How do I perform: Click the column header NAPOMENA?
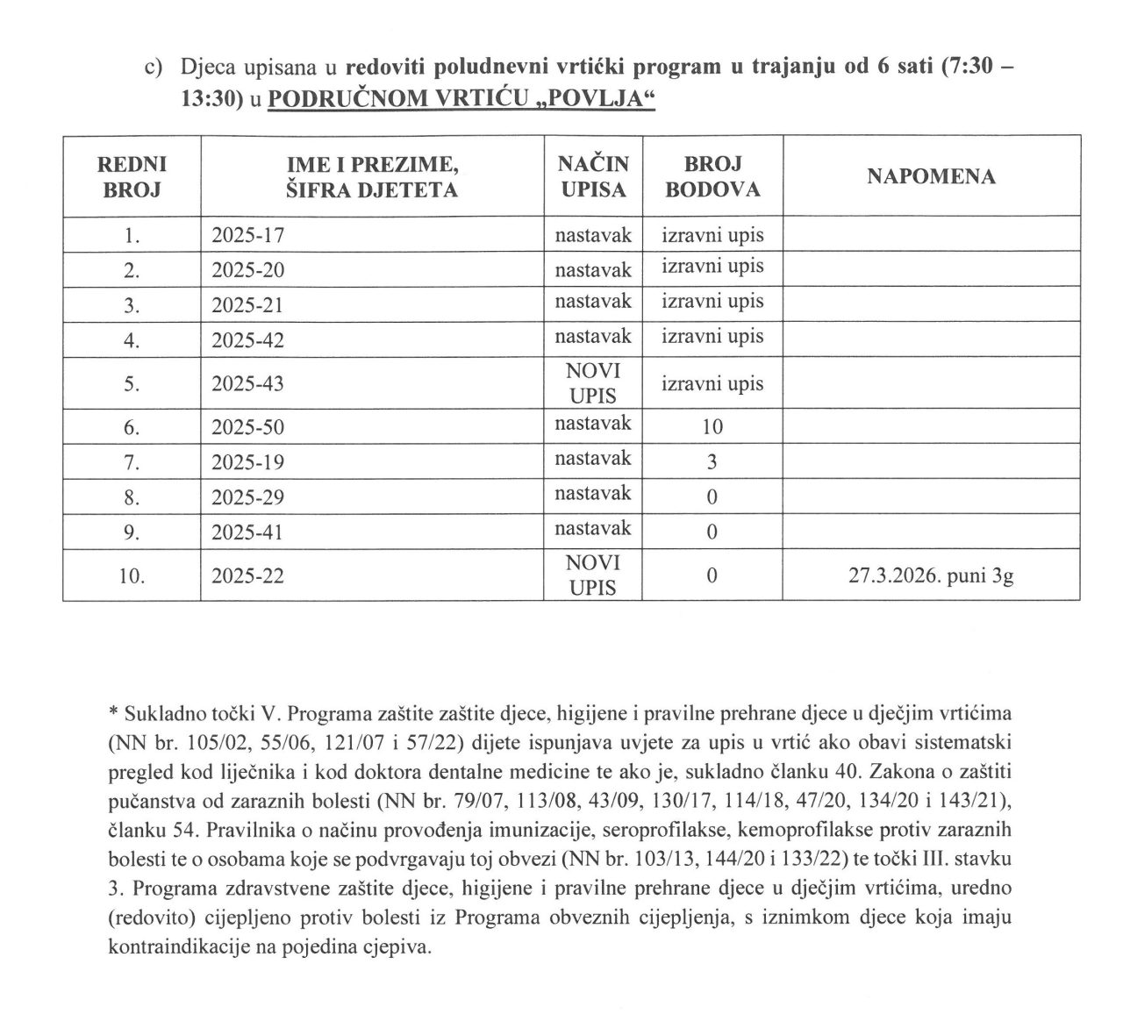pyautogui.click(x=931, y=176)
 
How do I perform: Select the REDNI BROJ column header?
pyautogui.click(x=132, y=176)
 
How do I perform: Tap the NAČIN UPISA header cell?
pyautogui.click(x=593, y=176)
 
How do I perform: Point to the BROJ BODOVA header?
pyautogui.click(x=712, y=176)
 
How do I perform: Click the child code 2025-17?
pyautogui.click(x=248, y=235)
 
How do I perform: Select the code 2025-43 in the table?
pyautogui.click(x=248, y=384)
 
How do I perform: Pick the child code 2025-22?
pyautogui.click(x=248, y=576)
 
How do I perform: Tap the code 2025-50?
pyautogui.click(x=248, y=428)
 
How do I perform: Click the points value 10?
pyautogui.click(x=712, y=428)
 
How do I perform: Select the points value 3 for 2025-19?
pyautogui.click(x=712, y=462)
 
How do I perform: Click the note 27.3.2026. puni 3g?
pyautogui.click(x=931, y=576)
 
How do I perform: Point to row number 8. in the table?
pyautogui.click(x=132, y=497)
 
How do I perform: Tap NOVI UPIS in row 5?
pyautogui.click(x=593, y=383)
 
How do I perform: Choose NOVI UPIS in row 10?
pyautogui.click(x=593, y=575)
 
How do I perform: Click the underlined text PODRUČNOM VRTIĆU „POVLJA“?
pyautogui.click(x=462, y=100)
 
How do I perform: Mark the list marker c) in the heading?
pyautogui.click(x=156, y=68)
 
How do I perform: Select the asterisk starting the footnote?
pyautogui.click(x=112, y=710)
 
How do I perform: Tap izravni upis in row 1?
pyautogui.click(x=712, y=235)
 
